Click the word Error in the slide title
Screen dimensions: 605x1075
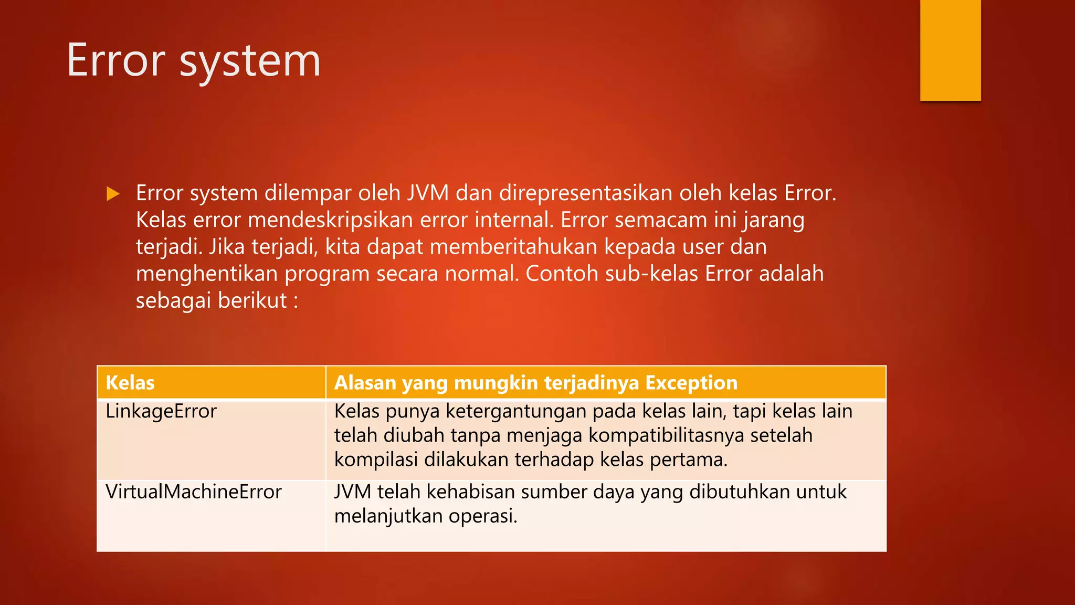pyautogui.click(x=116, y=61)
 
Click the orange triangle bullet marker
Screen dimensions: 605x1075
pyautogui.click(x=113, y=194)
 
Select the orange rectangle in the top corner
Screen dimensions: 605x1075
pyautogui.click(x=950, y=50)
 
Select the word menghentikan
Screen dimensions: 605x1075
pyautogui.click(x=206, y=274)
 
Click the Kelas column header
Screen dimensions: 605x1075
pyautogui.click(x=130, y=383)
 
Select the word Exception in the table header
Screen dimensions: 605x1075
pyautogui.click(x=691, y=383)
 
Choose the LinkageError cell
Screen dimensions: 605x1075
pyautogui.click(x=161, y=411)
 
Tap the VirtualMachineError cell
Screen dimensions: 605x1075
pyautogui.click(x=194, y=492)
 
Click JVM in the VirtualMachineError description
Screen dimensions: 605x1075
pyautogui.click(x=352, y=492)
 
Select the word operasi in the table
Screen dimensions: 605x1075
pyautogui.click(x=482, y=517)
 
